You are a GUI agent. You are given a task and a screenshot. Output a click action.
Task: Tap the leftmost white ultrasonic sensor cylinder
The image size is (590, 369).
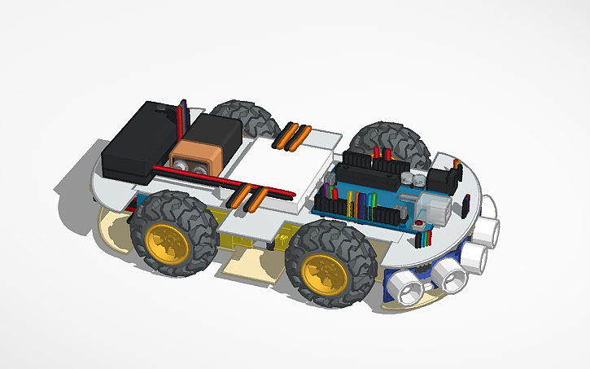[x=404, y=287]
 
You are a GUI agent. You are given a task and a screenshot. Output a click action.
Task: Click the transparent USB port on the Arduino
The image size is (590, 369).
[x=436, y=208]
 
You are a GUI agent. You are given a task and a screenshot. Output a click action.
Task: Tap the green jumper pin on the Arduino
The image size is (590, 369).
[x=372, y=200]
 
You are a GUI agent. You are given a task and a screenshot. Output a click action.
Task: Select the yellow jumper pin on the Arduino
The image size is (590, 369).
[x=351, y=202]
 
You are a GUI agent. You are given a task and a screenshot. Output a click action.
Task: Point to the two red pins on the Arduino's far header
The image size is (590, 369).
[x=382, y=152]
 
